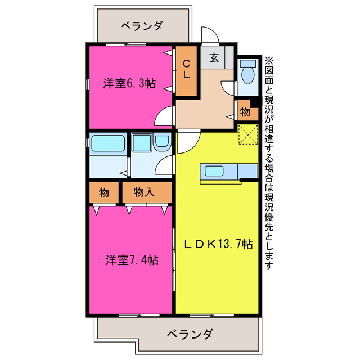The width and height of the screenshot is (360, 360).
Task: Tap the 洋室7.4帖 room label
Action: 132,260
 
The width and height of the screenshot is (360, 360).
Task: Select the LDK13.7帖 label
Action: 219,244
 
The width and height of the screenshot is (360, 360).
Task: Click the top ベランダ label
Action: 142,26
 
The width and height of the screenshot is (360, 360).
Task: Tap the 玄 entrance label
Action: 215,57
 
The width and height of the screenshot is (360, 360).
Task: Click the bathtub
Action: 107,144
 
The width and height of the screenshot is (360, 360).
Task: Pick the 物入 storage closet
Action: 145,192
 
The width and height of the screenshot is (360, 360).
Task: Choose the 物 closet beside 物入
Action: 103,192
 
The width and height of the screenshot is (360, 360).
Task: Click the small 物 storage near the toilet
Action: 245,111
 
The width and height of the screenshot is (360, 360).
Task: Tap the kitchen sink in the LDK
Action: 214,171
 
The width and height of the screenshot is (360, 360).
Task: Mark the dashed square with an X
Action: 247,135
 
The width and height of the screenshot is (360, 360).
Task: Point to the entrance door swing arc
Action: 209,35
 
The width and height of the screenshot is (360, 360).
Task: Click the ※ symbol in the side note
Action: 269,61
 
